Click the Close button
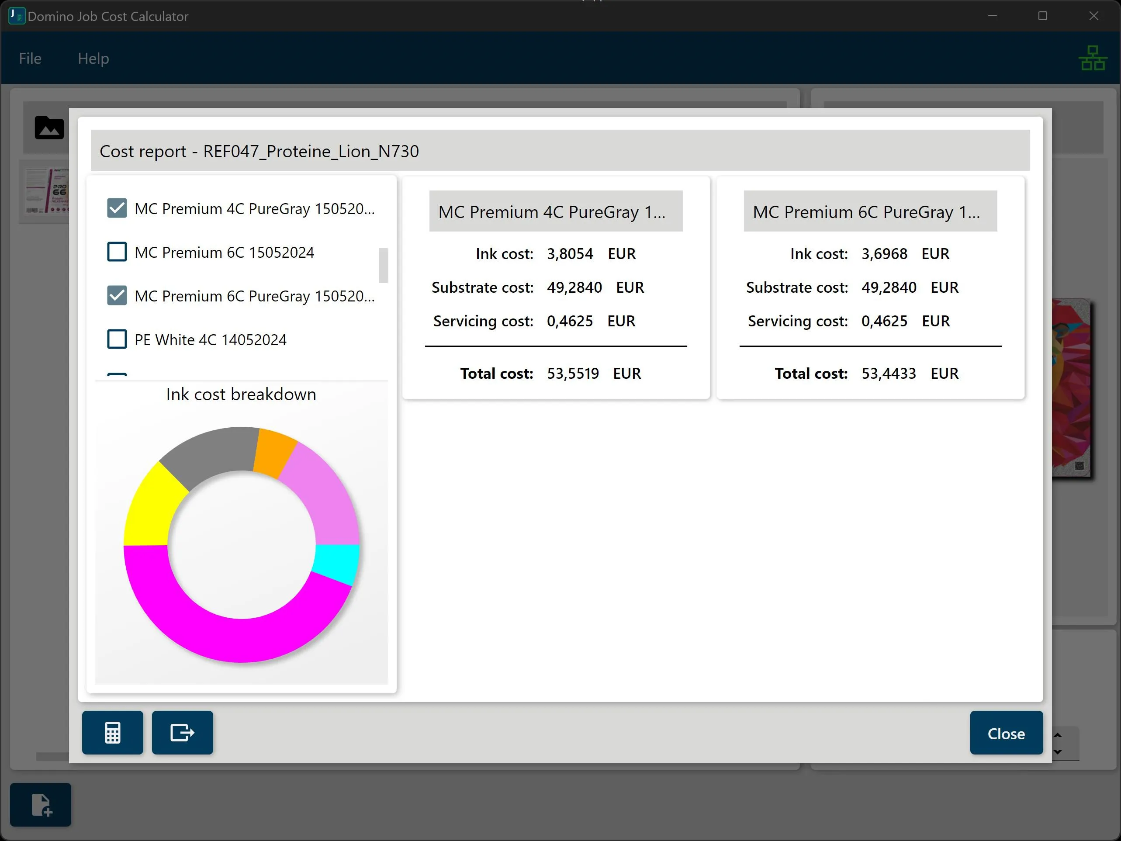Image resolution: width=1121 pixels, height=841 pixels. tap(1006, 733)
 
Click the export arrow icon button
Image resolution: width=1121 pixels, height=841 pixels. tap(183, 733)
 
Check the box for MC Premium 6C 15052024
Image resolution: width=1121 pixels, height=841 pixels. tap(117, 252)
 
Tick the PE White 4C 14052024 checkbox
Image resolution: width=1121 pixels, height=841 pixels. tap(117, 339)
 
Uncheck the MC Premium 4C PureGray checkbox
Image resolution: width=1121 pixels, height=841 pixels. tap(117, 208)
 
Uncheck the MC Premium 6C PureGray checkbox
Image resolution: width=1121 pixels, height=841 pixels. tap(117, 295)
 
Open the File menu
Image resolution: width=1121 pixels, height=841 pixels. tap(30, 58)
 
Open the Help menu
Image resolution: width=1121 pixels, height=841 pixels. tap(93, 58)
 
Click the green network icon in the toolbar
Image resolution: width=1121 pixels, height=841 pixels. tap(1092, 58)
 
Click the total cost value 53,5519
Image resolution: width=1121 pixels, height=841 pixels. tap(573, 374)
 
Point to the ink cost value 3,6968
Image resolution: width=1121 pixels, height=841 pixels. tap(884, 253)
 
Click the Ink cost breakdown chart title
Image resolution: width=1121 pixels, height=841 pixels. tap(241, 395)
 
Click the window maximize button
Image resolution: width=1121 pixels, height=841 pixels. tap(1042, 16)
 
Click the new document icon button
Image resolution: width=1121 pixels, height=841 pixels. tap(41, 804)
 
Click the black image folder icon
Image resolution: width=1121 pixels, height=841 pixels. tap(49, 127)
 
